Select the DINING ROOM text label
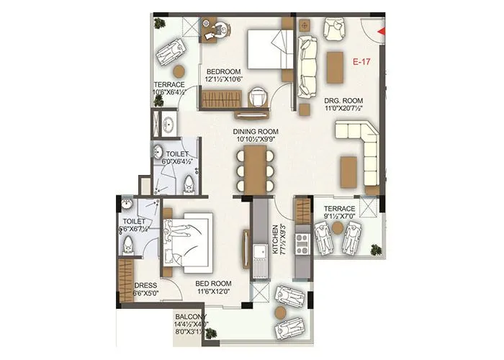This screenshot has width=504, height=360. [253, 131]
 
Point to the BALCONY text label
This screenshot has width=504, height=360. [190, 316]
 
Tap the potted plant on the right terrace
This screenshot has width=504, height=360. [375, 250]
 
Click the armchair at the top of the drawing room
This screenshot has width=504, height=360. [334, 29]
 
